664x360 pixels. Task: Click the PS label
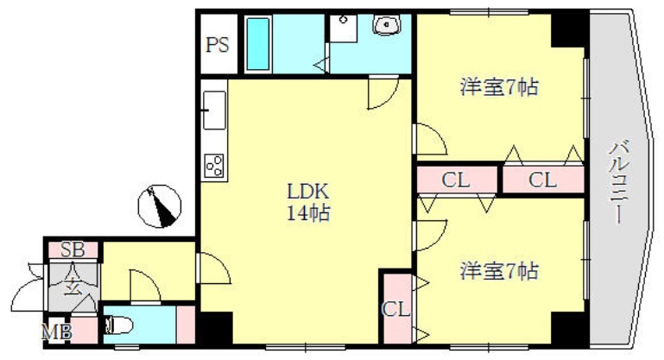(218, 45)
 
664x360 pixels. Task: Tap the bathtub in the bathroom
(258, 44)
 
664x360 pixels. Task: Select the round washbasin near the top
(386, 24)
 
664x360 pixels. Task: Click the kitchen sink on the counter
(214, 111)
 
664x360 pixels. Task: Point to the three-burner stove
(214, 166)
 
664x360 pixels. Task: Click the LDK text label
(308, 192)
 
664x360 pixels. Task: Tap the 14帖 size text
(309, 213)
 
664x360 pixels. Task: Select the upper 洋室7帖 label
(499, 87)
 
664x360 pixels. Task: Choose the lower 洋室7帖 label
(499, 271)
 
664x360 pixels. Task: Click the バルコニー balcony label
(619, 182)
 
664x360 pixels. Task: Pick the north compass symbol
(160, 206)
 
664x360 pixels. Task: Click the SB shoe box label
(73, 249)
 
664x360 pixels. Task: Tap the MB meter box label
(56, 332)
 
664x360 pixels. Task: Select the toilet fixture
(118, 325)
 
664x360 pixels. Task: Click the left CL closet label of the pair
(456, 180)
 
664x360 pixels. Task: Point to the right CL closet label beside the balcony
(542, 180)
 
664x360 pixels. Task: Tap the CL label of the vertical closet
(396, 310)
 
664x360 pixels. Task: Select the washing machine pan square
(344, 28)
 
